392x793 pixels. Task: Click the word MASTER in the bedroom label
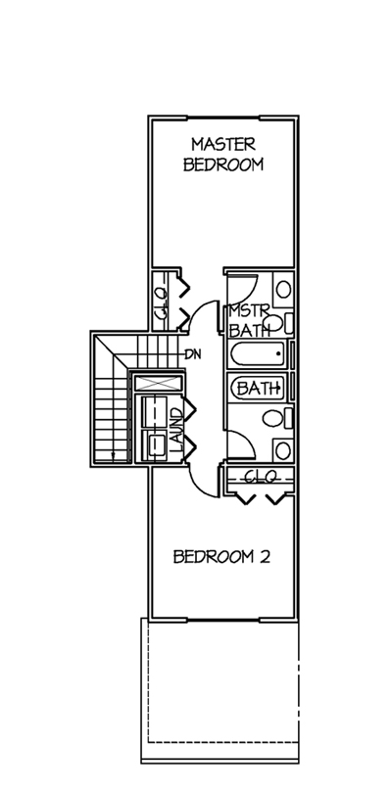[x=223, y=145]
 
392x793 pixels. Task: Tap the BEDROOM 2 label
[x=221, y=557]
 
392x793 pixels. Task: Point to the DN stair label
[x=193, y=354]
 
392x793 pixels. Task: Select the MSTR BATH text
[x=248, y=321]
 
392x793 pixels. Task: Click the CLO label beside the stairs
[x=161, y=302]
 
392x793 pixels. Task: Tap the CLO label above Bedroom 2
[x=261, y=476]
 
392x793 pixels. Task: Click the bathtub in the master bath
[x=259, y=354]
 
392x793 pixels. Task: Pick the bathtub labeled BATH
[x=259, y=388]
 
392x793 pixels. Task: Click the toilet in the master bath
[x=277, y=323]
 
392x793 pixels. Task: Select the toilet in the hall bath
[x=277, y=419]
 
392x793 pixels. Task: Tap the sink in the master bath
[x=283, y=290]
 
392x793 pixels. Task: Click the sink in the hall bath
[x=283, y=450]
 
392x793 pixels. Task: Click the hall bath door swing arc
[x=247, y=439]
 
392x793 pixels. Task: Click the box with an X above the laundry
[x=158, y=383]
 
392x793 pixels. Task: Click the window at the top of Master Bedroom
[x=223, y=118]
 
